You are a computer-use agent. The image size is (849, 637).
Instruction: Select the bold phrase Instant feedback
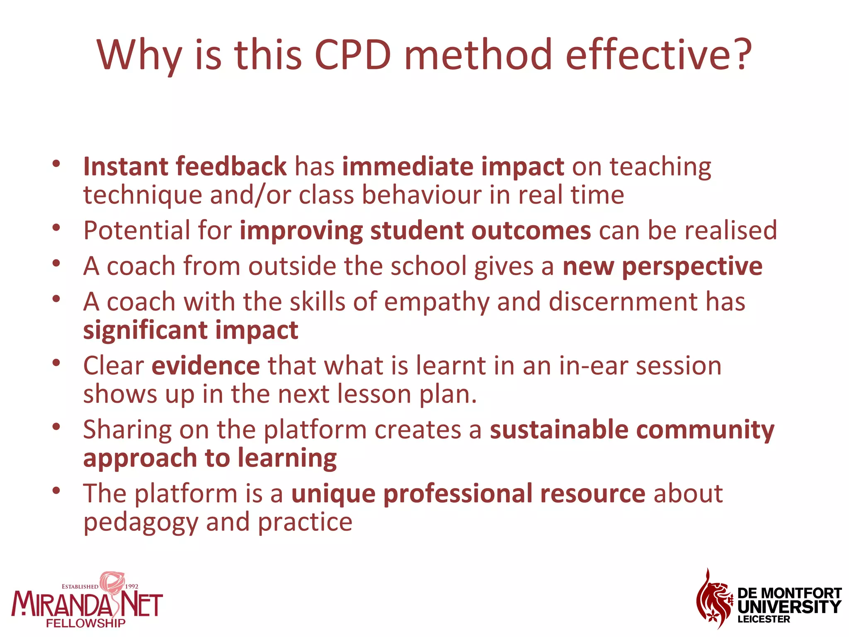coord(184,167)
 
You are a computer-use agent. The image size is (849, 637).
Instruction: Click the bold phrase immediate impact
coord(453,167)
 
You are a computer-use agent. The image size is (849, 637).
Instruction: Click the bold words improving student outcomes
coord(415,231)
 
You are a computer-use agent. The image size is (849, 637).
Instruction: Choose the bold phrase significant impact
coord(191,330)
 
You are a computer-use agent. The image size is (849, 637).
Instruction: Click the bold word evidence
coord(206,366)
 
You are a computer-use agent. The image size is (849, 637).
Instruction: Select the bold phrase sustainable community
coord(632,430)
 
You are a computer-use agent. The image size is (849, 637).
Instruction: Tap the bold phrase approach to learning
coord(210,458)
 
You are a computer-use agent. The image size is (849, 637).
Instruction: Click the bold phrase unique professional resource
coord(468,494)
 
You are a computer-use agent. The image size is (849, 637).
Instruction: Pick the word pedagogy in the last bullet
coord(141,522)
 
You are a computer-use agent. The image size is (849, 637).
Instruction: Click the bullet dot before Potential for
coord(57,228)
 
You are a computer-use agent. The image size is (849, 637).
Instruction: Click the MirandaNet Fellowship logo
coord(87,601)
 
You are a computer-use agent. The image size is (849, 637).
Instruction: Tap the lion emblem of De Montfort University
coord(713,599)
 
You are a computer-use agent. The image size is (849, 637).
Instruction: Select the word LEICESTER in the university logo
coord(764,620)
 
